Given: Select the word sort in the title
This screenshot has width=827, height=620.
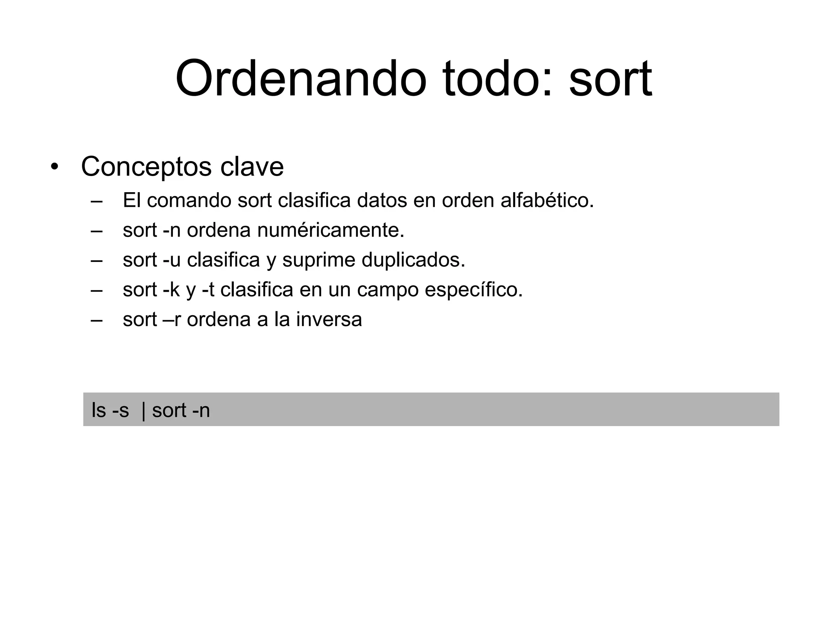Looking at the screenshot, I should coord(610,80).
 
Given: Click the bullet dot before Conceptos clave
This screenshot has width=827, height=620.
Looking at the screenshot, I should coord(54,167).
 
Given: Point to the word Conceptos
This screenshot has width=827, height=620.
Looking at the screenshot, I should coord(146,167).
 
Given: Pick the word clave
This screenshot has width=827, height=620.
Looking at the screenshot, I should coord(252,167).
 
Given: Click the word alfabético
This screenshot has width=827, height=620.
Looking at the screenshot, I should coord(547,200).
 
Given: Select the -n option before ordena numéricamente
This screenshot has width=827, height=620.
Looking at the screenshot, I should coord(172,230).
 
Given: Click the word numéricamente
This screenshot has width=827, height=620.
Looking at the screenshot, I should coord(330,230).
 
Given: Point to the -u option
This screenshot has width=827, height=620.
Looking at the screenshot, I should coord(172,260).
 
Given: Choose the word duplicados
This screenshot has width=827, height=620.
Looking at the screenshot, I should coord(413,260).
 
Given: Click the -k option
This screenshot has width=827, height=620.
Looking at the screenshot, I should coord(171,290).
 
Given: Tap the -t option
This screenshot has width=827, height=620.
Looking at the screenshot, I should coord(208,290).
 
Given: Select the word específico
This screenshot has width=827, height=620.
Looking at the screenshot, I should coord(474,290).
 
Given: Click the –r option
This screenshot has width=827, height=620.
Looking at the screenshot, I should coord(172,320).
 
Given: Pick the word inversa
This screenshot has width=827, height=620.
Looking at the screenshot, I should coord(329,320).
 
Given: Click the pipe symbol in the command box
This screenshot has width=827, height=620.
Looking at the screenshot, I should coord(144,411).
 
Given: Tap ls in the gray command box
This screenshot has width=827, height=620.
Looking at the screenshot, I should coord(99,411).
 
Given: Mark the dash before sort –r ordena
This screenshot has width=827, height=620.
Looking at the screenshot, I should coord(97,320).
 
